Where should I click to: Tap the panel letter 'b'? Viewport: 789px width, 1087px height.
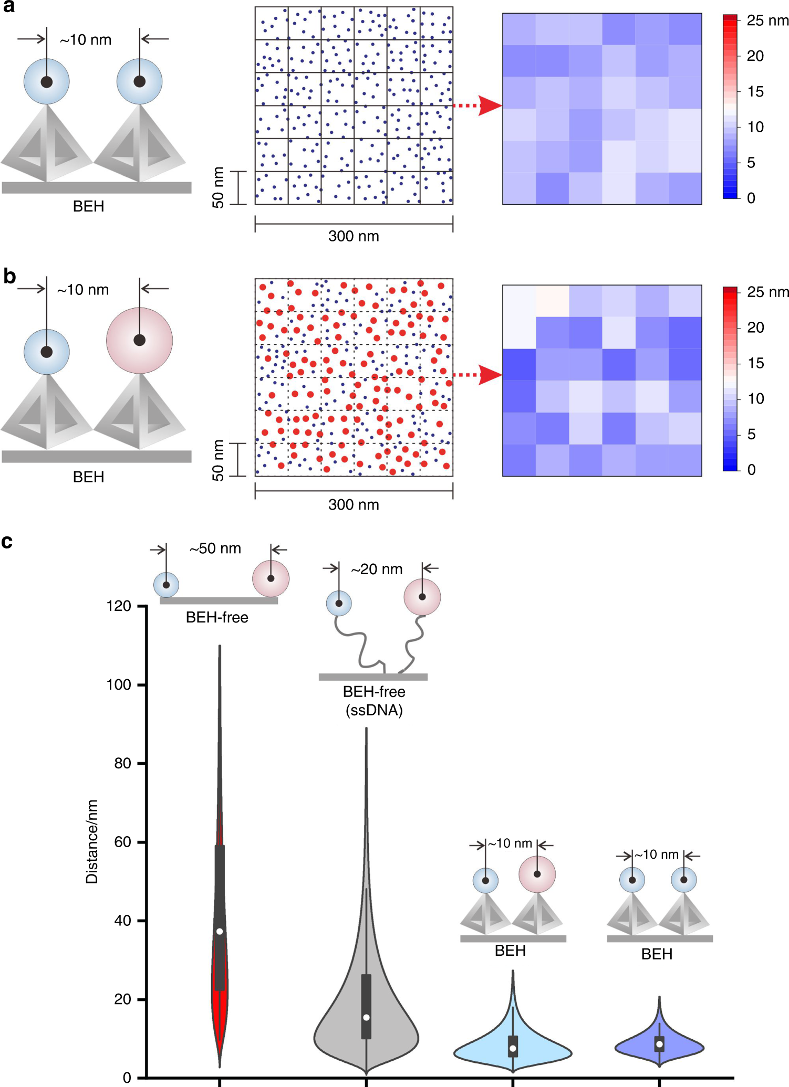[9, 276]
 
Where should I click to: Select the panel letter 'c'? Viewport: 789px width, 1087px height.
[7, 542]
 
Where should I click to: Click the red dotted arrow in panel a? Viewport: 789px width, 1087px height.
[477, 105]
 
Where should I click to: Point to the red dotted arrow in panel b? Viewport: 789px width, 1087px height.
[477, 375]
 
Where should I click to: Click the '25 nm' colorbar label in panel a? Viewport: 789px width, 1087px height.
[767, 20]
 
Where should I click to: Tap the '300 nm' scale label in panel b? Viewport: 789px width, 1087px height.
[354, 505]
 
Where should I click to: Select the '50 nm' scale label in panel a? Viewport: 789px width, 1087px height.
[218, 187]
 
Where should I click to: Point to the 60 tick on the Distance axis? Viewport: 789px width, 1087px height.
[122, 842]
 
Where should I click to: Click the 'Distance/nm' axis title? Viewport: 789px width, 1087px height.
[92, 841]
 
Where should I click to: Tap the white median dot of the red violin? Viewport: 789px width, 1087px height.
[220, 931]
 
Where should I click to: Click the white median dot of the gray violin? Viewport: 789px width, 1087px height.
[366, 1017]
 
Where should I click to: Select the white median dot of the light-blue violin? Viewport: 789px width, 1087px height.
[513, 1048]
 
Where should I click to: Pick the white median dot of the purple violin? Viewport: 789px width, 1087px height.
[659, 1044]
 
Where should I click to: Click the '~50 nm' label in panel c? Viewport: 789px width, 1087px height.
[215, 548]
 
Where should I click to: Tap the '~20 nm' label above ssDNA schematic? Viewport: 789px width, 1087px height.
[377, 569]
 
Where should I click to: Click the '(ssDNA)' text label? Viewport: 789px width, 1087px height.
[374, 710]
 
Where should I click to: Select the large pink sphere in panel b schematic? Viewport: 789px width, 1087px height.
[139, 340]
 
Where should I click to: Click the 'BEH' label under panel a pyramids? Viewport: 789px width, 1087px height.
[88, 206]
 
